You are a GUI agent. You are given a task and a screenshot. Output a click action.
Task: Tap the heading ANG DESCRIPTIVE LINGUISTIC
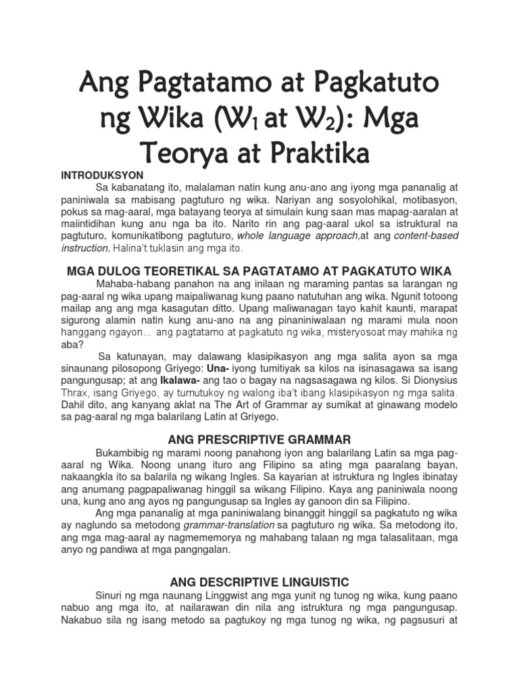(259, 581)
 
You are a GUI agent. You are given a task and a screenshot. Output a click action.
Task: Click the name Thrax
(74, 393)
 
